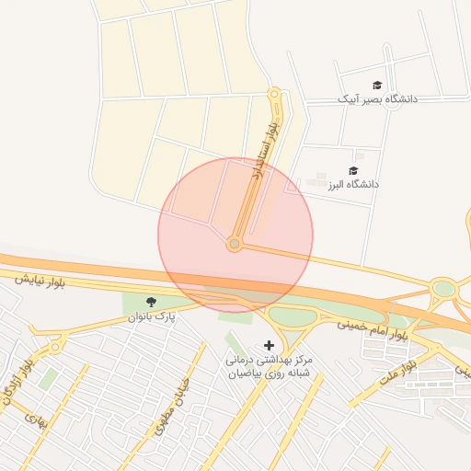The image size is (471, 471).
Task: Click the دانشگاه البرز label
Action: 353,185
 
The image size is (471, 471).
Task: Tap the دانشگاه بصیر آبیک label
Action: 377,98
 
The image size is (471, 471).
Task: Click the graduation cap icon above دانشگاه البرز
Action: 353,170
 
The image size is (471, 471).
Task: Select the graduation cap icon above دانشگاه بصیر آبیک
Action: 377,85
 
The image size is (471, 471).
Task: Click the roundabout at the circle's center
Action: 235,244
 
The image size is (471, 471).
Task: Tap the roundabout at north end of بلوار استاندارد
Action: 273,94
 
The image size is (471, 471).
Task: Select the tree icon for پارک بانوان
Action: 151,302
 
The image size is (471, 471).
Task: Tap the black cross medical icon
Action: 269,345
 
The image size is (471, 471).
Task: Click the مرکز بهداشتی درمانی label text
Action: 270,360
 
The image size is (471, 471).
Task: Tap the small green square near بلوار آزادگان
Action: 48,378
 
